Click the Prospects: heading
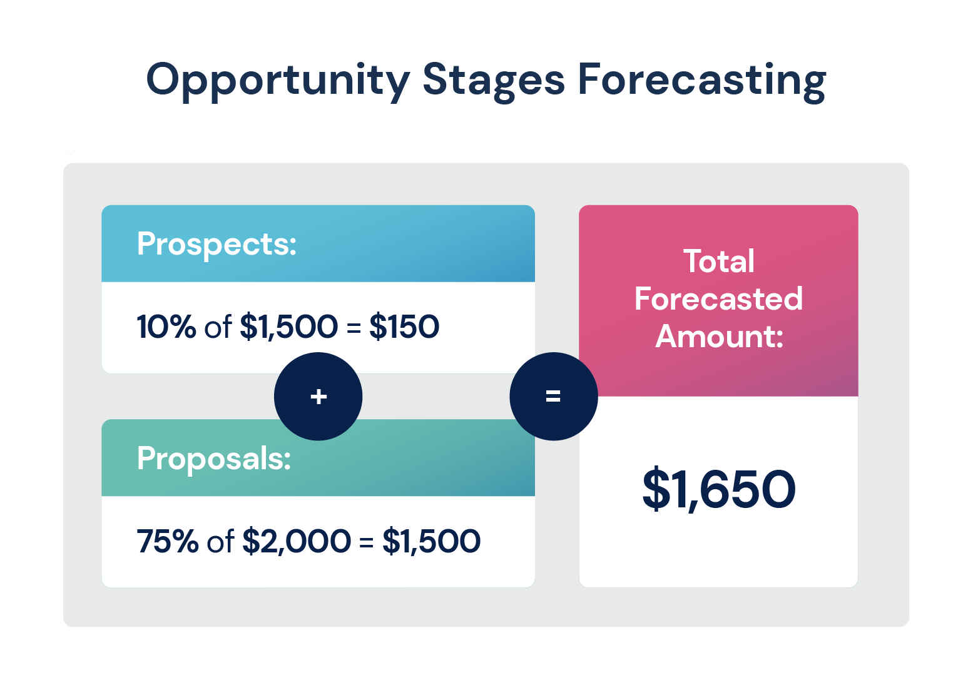(217, 245)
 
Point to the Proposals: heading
(214, 459)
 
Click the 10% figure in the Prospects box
(166, 326)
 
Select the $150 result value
(404, 326)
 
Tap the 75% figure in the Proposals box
(168, 540)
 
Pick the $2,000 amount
(296, 541)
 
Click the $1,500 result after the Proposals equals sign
(431, 541)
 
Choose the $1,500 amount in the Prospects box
(288, 326)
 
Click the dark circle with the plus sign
(318, 396)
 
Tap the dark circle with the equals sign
(553, 396)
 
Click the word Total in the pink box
(718, 261)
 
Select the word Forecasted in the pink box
(718, 299)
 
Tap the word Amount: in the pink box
(719, 336)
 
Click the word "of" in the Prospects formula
(218, 326)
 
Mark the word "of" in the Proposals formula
(221, 540)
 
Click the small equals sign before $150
(354, 328)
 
